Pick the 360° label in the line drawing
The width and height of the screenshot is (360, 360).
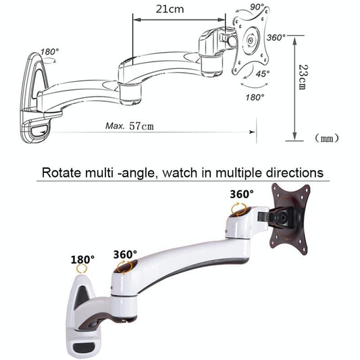pos(277,38)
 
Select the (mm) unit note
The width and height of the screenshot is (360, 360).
pos(327,139)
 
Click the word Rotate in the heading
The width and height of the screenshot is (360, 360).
pos(63,172)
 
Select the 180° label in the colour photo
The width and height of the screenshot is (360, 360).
pos(82,259)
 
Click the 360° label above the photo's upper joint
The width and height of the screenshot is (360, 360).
pos(241,194)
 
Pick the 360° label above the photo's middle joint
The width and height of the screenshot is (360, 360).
pos(125,255)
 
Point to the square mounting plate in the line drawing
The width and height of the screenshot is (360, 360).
pos(250,42)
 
